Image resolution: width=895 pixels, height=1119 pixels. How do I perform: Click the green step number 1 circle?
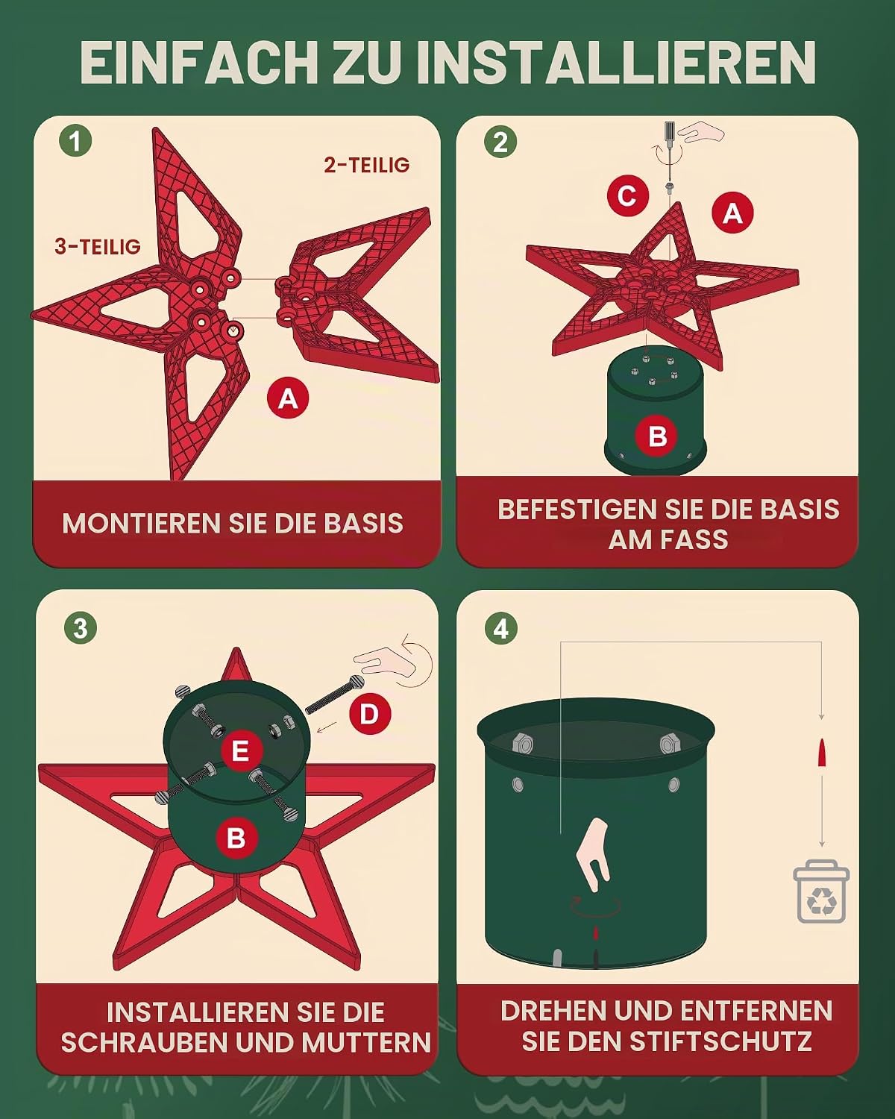pos(76,140)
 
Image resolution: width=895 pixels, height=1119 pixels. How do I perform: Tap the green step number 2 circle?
pos(500,141)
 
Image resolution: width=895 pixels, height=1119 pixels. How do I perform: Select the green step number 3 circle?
pos(81,628)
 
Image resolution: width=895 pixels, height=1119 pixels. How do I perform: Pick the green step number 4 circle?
pos(500,628)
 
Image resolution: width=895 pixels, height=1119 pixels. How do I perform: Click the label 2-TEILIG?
pos(367,165)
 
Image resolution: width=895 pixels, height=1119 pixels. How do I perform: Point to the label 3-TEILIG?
pos(98,246)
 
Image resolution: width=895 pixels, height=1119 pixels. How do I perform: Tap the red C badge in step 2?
pos(628,195)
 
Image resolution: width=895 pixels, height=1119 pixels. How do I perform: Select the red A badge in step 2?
pos(732,212)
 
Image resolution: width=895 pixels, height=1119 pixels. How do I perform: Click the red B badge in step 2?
pos(657,436)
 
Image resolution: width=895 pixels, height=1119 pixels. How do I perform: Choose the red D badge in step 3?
pos(370,714)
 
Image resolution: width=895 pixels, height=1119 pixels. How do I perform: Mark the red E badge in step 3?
pos(239,751)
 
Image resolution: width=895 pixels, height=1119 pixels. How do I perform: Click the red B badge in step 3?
pos(236,837)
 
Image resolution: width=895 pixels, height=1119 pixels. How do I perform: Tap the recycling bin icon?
pos(821,891)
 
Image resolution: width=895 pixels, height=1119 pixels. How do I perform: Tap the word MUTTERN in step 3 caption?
pos(366,1043)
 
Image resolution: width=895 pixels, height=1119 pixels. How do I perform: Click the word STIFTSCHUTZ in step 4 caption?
pos(720,1041)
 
